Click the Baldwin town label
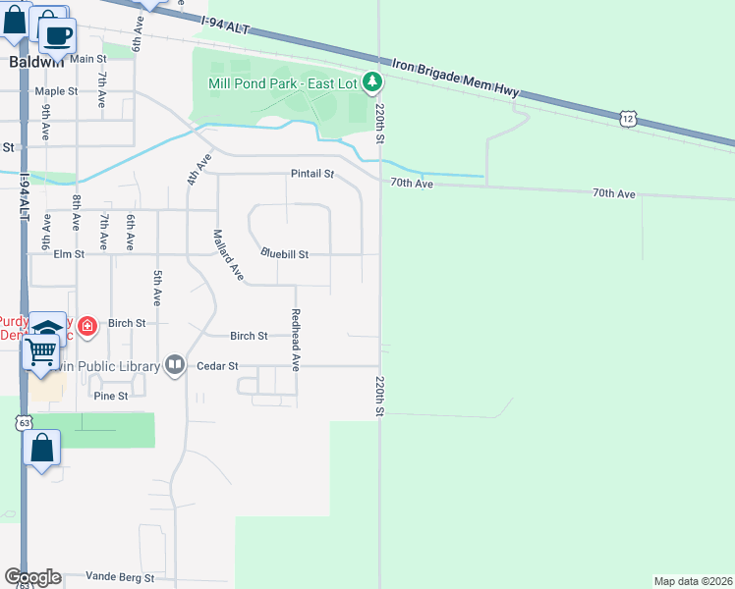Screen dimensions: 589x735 pos(36,61)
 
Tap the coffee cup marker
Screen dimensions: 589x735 pos(57,35)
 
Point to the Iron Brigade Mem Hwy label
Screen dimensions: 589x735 pos(455,78)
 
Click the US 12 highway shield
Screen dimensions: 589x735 pos(629,119)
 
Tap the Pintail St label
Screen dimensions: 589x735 pos(312,175)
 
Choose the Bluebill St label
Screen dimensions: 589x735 pos(285,254)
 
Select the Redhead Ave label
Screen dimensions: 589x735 pos(295,339)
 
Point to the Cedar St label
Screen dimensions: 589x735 pos(218,366)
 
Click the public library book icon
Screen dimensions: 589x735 pos(175,365)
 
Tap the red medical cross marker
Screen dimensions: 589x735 pos(87,325)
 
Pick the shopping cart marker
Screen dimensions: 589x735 pos(41,350)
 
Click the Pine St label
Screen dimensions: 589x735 pos(111,397)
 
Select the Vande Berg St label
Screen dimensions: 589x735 pos(120,578)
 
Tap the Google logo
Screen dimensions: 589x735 pos(32,577)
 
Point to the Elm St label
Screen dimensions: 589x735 pos(69,254)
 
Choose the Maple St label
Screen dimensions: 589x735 pos(56,91)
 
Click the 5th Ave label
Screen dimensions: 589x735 pos(156,287)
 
